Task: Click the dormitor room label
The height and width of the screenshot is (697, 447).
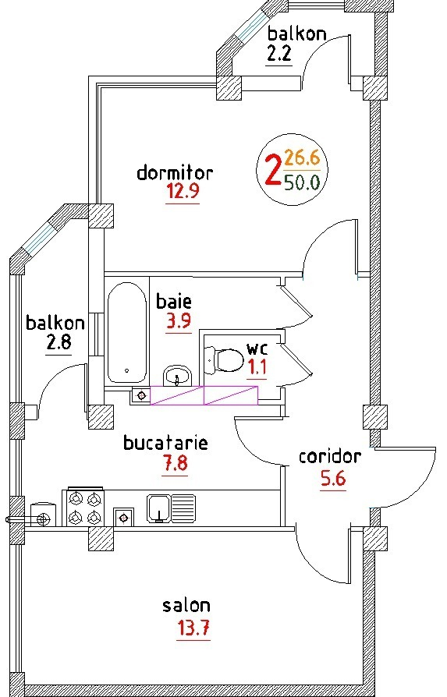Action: [175, 172]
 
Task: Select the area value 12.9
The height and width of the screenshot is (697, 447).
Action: [183, 192]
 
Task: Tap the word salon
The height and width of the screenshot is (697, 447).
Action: [186, 606]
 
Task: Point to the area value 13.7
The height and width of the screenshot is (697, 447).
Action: [193, 628]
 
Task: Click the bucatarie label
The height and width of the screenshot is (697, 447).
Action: [165, 443]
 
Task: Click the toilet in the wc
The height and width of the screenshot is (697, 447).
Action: [224, 359]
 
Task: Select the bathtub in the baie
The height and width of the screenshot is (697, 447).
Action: [126, 333]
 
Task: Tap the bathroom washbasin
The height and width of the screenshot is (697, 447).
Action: [177, 377]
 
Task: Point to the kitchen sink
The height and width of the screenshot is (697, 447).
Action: [172, 508]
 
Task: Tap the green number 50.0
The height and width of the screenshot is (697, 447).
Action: [303, 182]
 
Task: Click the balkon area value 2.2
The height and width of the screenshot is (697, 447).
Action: [278, 55]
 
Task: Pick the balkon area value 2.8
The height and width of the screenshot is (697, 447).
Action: [59, 342]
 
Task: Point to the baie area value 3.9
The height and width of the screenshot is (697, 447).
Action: [179, 320]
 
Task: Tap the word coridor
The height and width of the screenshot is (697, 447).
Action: [329, 457]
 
